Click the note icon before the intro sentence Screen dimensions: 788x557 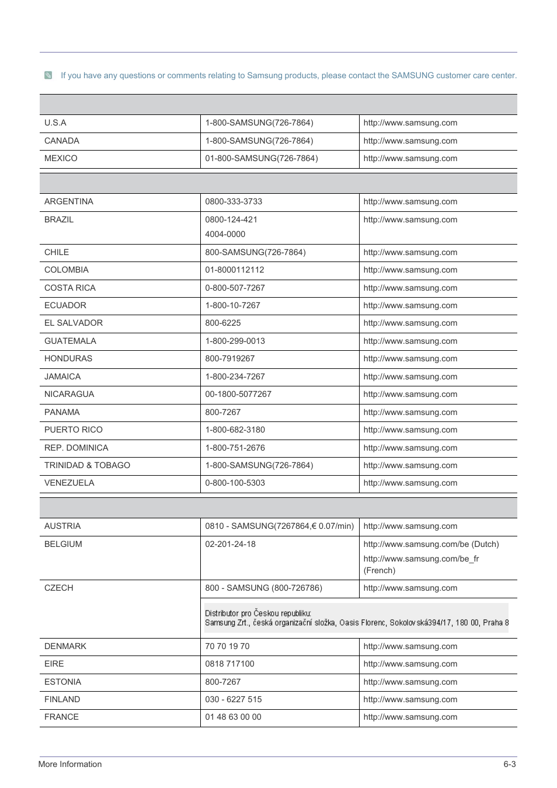click(48, 75)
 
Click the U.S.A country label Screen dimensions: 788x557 click(55, 123)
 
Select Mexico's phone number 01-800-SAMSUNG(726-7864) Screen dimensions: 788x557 click(261, 159)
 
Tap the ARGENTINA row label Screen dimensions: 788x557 click(69, 202)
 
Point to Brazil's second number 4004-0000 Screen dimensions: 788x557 click(225, 235)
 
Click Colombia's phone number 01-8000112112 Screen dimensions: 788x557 click(234, 270)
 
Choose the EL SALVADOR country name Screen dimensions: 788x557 click(74, 323)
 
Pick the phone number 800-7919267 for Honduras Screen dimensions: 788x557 click(229, 359)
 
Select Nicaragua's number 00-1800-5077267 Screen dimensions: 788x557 click(238, 395)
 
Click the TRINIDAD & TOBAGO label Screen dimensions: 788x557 click(87, 466)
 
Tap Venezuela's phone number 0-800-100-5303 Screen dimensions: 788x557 click(235, 483)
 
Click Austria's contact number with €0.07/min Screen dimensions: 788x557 click(279, 527)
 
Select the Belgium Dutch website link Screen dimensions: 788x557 click(431, 545)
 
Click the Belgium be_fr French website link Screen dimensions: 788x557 click(421, 559)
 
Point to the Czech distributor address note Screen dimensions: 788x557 click(356, 618)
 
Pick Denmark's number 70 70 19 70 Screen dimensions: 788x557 click(227, 647)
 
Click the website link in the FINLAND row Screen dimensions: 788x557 click(410, 700)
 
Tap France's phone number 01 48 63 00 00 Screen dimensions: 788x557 click(233, 717)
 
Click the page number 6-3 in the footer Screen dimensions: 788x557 click(509, 765)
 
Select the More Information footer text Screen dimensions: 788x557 click(70, 765)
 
